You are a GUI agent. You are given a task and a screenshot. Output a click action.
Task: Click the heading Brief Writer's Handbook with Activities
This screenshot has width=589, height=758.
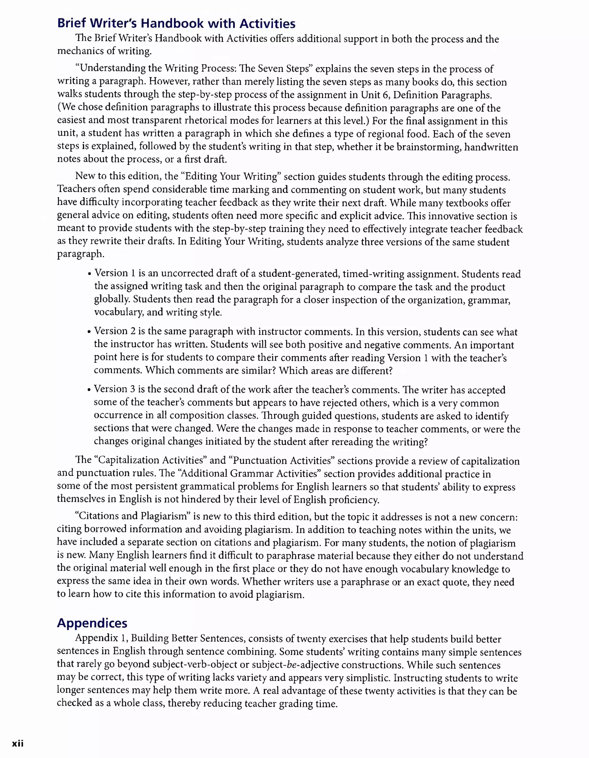176,23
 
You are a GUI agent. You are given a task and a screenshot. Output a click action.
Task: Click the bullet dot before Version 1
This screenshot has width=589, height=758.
89,274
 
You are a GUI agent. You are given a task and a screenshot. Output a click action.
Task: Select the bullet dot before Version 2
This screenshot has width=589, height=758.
89,332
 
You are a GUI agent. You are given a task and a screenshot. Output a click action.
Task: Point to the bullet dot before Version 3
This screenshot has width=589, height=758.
89,390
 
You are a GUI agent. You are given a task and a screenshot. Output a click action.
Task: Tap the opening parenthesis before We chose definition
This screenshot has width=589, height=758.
59,108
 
